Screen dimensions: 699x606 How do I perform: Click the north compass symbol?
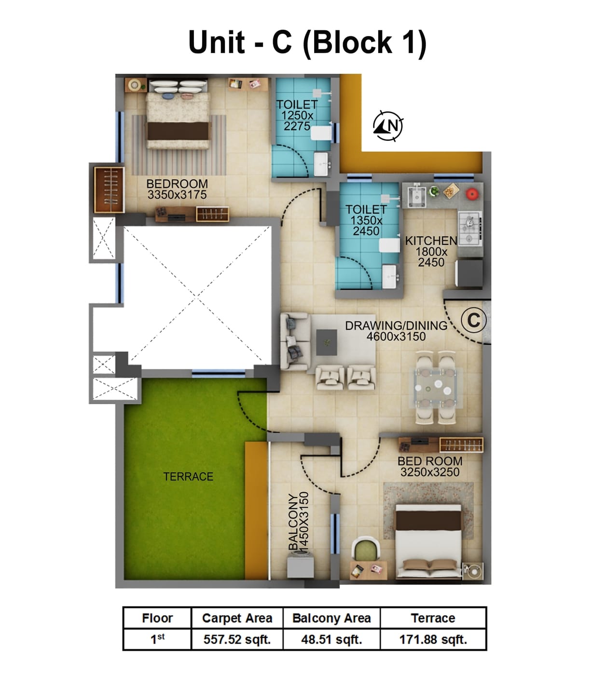coord(388,126)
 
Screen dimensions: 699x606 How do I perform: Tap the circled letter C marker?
coord(473,320)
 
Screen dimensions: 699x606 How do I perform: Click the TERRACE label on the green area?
coord(188,477)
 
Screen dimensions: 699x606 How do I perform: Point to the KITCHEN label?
coord(431,241)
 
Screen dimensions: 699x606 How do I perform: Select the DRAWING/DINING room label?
coord(396,326)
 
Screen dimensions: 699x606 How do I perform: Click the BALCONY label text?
coord(293,522)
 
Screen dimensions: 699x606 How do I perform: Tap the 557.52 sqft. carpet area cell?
coord(237,640)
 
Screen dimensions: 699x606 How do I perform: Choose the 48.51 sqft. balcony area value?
coord(331,640)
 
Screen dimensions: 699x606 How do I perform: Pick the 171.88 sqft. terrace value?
coord(433,640)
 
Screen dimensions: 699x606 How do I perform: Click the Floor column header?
coord(157,618)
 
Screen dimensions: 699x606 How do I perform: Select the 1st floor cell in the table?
coord(157,640)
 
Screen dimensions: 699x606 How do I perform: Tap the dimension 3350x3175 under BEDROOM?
coord(177,195)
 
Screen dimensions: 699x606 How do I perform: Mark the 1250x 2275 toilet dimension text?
coord(297,121)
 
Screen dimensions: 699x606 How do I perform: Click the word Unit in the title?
coord(217,42)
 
